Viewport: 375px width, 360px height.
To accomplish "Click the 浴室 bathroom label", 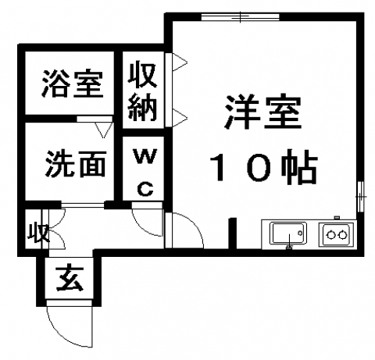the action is [73, 84].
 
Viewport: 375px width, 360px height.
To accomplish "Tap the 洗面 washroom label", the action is [76, 164].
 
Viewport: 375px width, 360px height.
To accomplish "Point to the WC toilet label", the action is [145, 172].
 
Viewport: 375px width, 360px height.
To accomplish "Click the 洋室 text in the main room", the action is [262, 112].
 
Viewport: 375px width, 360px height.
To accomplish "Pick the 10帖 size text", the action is [263, 166].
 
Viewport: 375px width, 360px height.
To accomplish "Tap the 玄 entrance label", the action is [70, 279].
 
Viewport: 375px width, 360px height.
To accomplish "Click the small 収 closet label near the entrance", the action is [38, 233].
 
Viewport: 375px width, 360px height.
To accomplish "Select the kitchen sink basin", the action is [288, 233].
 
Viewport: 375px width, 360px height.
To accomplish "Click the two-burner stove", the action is [337, 235].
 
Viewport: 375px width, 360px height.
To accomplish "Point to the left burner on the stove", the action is [331, 235].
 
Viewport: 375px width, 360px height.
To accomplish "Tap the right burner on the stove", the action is [343, 235].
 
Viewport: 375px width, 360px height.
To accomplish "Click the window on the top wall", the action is [240, 16].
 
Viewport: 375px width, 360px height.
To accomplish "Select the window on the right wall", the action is [360, 197].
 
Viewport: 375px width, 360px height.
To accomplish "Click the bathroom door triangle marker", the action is [104, 130].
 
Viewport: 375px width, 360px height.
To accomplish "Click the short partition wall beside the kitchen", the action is [233, 233].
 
